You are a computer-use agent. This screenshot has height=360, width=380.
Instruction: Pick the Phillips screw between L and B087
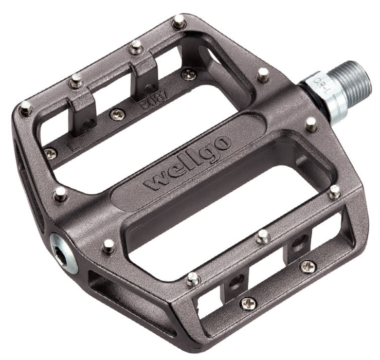tap(118, 114)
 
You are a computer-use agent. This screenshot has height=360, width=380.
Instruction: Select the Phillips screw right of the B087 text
tap(188, 75)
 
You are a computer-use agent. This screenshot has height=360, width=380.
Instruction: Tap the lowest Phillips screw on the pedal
tap(248, 303)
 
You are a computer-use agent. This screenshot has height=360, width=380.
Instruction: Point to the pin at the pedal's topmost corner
tap(178, 21)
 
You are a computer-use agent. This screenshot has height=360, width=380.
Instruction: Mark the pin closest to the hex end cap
tap(108, 245)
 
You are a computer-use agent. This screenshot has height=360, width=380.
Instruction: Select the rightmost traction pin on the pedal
tap(335, 192)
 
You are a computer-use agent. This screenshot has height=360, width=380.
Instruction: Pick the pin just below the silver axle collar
tap(311, 123)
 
